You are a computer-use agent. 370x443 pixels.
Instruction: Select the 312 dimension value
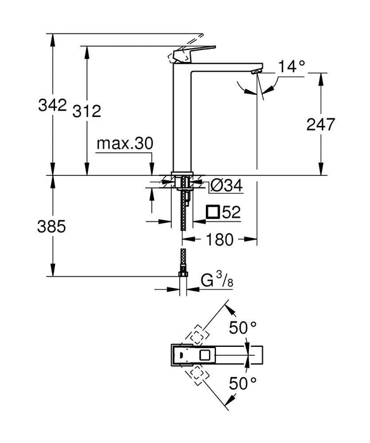87,111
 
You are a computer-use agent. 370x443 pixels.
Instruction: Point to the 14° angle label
292,65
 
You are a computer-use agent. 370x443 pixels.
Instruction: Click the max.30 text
125,144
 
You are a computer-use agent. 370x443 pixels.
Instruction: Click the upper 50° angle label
243,327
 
